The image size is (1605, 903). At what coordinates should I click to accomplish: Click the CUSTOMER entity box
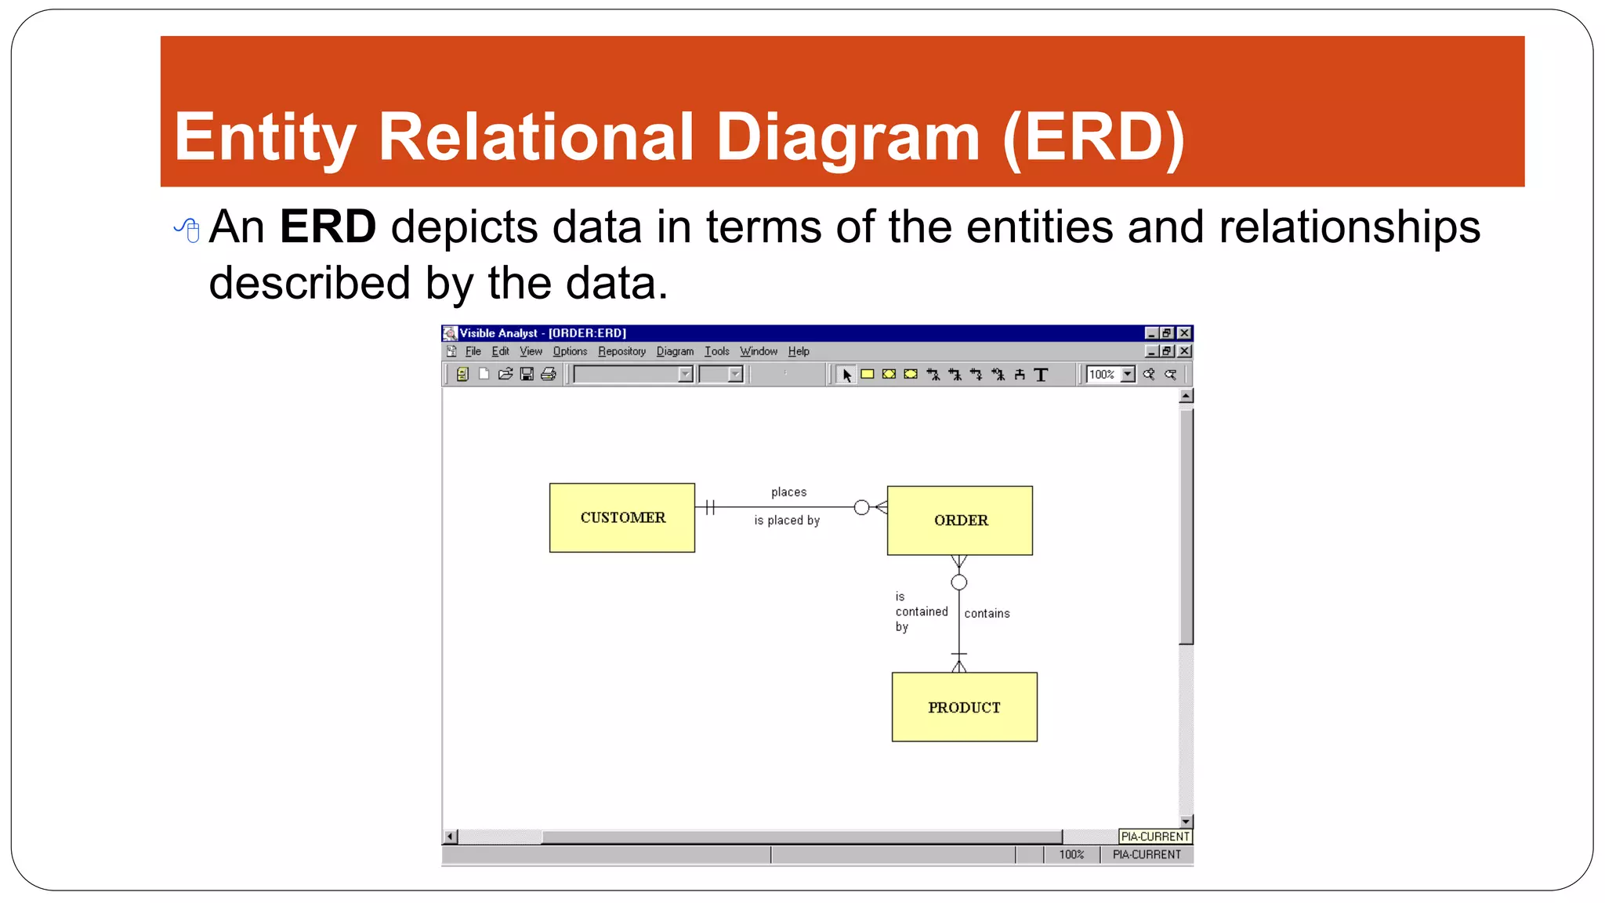click(622, 517)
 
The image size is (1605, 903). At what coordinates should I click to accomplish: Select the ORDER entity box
click(960, 520)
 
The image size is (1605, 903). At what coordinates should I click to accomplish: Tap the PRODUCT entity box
click(964, 707)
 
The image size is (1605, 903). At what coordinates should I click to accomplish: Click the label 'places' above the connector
click(788, 492)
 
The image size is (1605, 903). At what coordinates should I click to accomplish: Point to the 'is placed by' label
click(787, 520)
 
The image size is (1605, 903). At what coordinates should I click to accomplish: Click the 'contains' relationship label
click(987, 614)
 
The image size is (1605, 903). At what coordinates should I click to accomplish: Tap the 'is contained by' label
click(921, 611)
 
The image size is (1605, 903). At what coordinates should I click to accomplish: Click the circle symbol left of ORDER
click(861, 508)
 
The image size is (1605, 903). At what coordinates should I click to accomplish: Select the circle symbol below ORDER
click(958, 582)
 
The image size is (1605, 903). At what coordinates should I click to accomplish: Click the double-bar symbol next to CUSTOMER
click(710, 508)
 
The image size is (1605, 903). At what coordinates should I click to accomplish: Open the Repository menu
click(621, 351)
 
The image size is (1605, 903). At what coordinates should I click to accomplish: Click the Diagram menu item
click(675, 351)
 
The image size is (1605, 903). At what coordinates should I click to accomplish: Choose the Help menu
click(799, 351)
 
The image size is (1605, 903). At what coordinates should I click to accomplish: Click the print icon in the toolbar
click(549, 375)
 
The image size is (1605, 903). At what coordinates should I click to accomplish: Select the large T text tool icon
click(1041, 375)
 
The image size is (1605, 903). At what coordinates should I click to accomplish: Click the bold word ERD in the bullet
click(328, 227)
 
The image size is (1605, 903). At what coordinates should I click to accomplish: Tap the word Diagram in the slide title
click(848, 138)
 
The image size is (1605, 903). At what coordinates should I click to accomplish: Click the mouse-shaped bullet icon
click(188, 230)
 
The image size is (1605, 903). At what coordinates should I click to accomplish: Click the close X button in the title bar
click(1184, 333)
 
